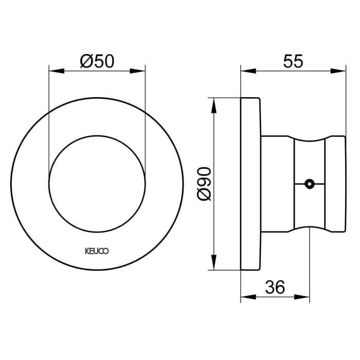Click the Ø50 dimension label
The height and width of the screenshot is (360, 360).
point(97,62)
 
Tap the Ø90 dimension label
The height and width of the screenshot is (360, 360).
point(204,183)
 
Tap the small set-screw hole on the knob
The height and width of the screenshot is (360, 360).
point(309,183)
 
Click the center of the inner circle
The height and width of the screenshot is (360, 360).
point(97,183)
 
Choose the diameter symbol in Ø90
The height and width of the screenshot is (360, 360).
point(204,195)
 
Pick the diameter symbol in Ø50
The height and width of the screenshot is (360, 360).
point(86,62)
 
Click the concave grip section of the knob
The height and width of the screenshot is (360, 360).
point(311,154)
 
